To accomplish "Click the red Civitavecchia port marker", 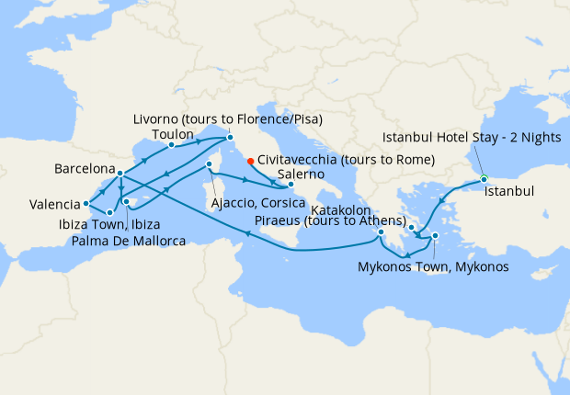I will point(251,157).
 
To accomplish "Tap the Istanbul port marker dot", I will point(484,179).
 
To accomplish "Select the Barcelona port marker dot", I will point(121,173).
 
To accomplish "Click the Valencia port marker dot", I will point(85,203).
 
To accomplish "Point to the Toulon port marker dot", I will point(172,144).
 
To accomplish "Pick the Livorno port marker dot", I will point(230,138).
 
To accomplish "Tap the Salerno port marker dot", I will point(291,185).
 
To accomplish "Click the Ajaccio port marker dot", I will point(210,165).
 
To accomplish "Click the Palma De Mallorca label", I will point(128,242).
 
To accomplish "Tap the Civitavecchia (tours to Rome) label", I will point(326,157).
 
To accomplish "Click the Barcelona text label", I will point(85,170).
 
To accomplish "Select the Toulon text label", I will point(172,134).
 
